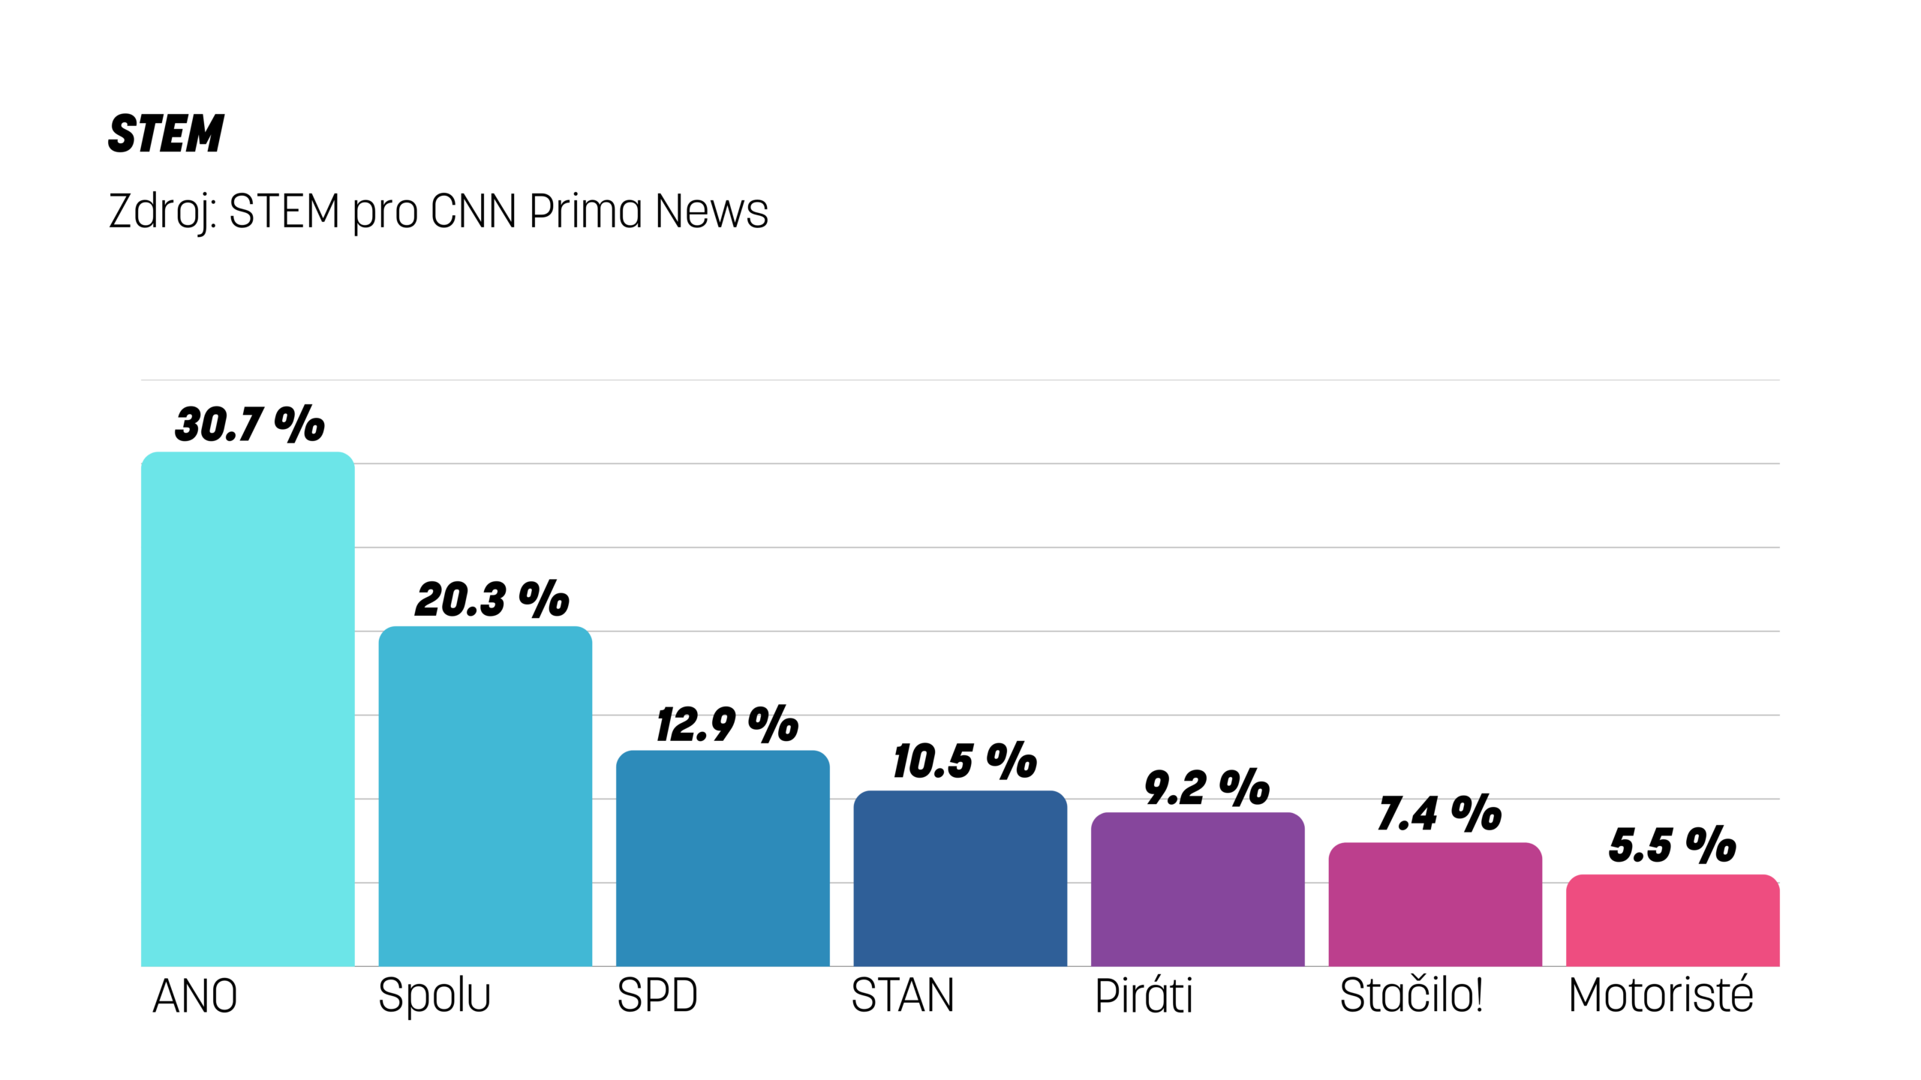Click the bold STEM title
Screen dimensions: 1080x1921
coord(166,134)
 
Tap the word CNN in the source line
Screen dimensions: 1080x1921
coord(473,211)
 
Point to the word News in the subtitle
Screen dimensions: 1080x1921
coord(711,211)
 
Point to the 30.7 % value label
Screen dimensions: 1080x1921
coord(250,424)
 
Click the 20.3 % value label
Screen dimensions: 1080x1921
coord(492,599)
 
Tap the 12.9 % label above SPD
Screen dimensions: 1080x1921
coord(727,724)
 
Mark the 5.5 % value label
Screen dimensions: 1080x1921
coord(1673,845)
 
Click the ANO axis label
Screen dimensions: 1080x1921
coord(195,997)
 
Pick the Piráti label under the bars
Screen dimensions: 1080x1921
coord(1144,996)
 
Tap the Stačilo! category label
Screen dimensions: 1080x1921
coord(1411,995)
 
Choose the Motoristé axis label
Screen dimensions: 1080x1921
coord(1661,995)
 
